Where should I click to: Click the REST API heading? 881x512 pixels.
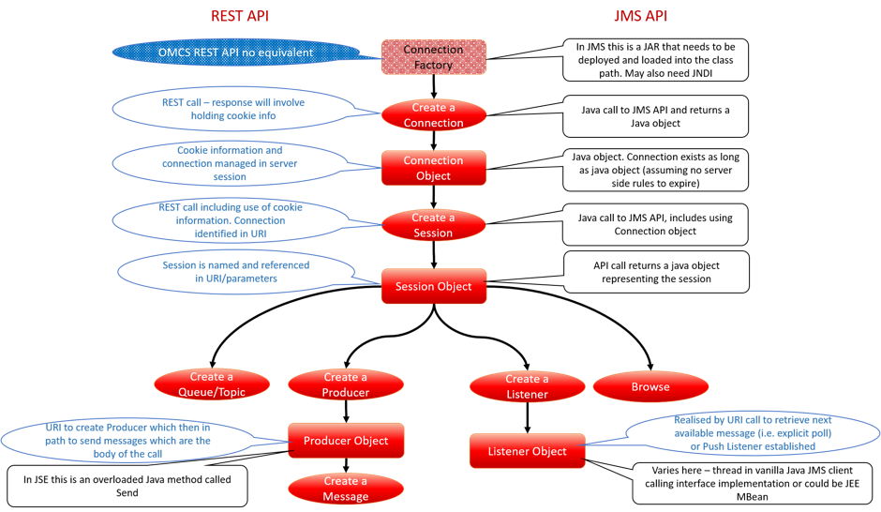click(240, 16)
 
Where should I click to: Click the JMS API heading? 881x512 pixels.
click(640, 16)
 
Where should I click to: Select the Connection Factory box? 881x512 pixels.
click(433, 57)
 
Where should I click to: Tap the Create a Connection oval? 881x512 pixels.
click(433, 115)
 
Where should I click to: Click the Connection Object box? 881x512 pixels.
click(433, 168)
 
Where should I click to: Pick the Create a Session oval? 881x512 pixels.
click(433, 225)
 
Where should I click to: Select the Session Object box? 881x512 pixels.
click(433, 286)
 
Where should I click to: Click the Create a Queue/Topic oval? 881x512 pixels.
click(212, 384)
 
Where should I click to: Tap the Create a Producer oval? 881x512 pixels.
click(346, 384)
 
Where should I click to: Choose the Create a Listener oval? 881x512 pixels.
click(527, 386)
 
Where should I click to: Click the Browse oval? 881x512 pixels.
click(650, 386)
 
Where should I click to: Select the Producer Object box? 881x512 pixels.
click(346, 440)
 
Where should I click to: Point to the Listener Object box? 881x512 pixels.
click(527, 451)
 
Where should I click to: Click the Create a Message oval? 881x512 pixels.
click(346, 489)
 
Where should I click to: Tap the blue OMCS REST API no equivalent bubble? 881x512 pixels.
click(236, 53)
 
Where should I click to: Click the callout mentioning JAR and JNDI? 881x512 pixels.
click(655, 59)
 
